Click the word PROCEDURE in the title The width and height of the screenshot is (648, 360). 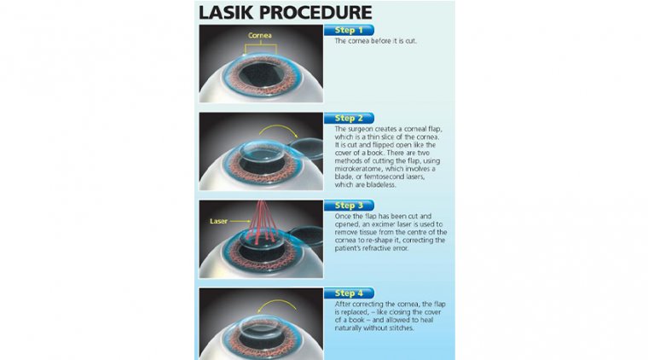[315, 13]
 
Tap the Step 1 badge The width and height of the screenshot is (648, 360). [349, 30]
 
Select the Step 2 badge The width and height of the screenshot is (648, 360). [349, 119]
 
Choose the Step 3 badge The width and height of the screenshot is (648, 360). [349, 206]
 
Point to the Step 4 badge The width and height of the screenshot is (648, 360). [349, 293]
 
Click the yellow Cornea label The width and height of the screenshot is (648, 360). [260, 36]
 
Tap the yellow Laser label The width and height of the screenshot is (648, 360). [218, 221]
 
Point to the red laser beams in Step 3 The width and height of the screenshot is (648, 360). [262, 221]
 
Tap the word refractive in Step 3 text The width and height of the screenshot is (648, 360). [375, 248]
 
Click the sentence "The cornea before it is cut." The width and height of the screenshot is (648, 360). [376, 41]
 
